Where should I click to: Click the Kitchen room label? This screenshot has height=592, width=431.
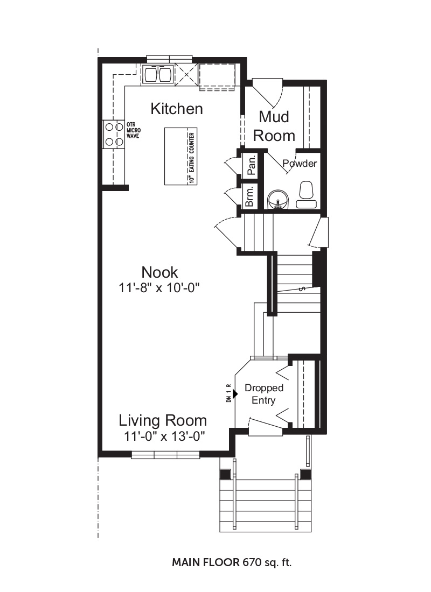tap(177, 109)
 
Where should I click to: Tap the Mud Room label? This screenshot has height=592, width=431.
tap(274, 126)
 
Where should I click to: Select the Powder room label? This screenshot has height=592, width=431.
tap(300, 164)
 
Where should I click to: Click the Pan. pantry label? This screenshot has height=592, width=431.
tap(252, 165)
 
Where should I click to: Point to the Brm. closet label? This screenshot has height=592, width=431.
tap(249, 196)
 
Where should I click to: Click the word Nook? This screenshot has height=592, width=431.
tap(159, 272)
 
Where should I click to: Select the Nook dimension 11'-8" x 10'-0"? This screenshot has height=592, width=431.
tap(159, 288)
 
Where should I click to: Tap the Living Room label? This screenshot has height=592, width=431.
tap(163, 420)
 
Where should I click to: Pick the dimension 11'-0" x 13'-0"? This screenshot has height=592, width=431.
tap(164, 436)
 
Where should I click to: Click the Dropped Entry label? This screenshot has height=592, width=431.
tap(264, 394)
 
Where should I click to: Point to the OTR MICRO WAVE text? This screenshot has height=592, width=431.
tap(134, 130)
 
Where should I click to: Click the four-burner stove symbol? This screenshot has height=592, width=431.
tap(114, 134)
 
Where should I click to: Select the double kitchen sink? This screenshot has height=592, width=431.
tap(158, 74)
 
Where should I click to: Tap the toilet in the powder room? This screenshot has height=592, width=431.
tap(306, 194)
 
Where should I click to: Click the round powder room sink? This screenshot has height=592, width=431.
tap(278, 199)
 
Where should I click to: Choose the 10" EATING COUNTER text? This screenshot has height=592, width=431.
tap(192, 158)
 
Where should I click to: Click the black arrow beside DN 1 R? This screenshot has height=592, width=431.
tap(235, 394)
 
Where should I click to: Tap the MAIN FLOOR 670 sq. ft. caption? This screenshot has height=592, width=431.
tap(232, 562)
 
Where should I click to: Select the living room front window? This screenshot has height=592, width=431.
tap(165, 455)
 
